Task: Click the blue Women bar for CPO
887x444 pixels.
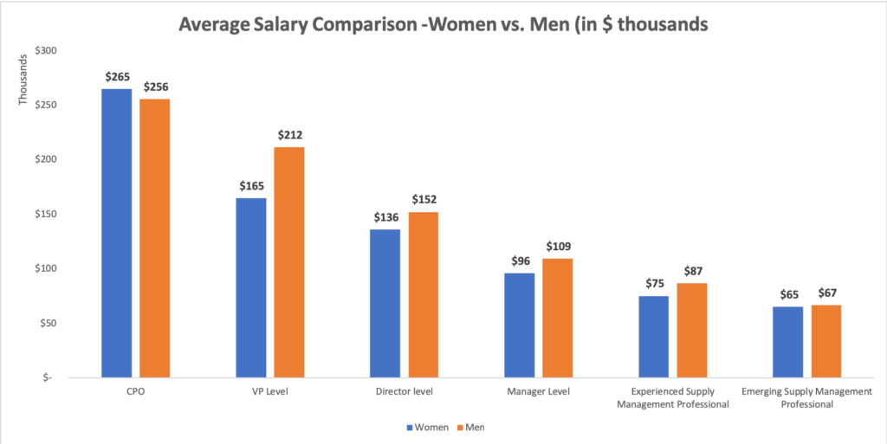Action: [x=117, y=233]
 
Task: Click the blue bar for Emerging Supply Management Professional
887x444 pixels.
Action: [x=787, y=342]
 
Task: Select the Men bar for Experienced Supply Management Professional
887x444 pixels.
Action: [x=692, y=330]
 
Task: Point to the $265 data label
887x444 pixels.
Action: [x=117, y=78]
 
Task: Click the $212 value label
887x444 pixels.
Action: [x=290, y=135]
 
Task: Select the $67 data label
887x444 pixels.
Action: [x=826, y=293]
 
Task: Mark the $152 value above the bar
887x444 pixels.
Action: [x=424, y=200]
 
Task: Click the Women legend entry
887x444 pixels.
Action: [x=426, y=427]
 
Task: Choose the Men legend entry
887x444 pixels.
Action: [x=471, y=427]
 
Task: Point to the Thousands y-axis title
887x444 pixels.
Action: [x=24, y=78]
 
